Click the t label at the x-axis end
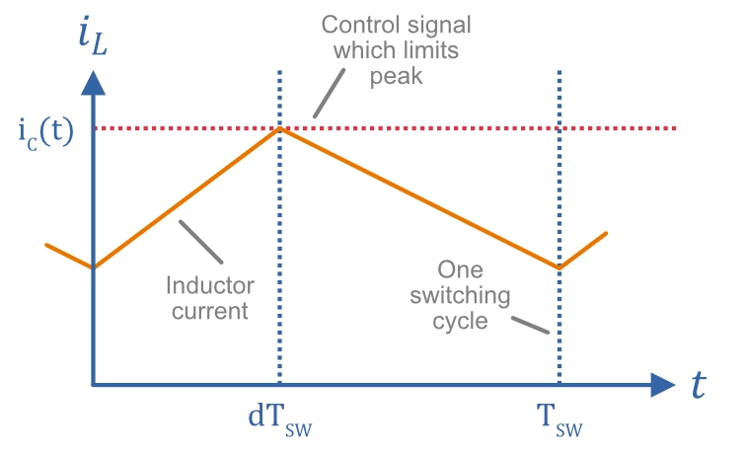coord(700,385)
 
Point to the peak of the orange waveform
coord(281,128)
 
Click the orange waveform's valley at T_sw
coord(559,266)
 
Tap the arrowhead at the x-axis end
coord(662,384)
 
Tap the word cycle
coord(461,320)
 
